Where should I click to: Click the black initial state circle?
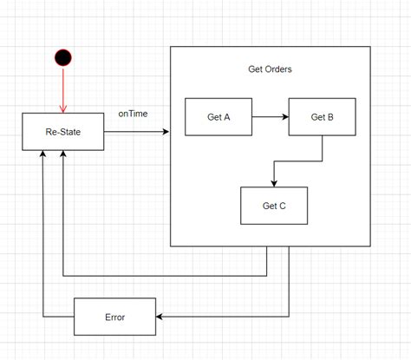pos(62,58)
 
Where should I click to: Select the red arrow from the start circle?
pos(62,90)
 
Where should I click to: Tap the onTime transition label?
pos(134,115)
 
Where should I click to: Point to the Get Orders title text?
pos(269,69)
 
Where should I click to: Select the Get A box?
pos(219,118)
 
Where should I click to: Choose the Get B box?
pos(322,118)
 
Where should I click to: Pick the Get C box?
pos(273,206)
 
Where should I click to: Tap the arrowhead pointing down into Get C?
pos(274,182)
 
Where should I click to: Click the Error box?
pos(114,317)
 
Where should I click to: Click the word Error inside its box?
pos(114,317)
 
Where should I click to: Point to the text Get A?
pos(219,118)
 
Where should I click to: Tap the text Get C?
pos(273,206)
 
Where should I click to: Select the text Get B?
pos(322,118)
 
